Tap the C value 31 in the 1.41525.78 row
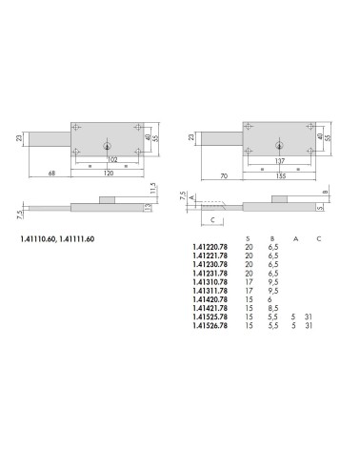(320, 317)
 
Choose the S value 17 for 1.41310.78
(250, 281)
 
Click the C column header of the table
(319, 237)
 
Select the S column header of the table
(249, 237)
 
